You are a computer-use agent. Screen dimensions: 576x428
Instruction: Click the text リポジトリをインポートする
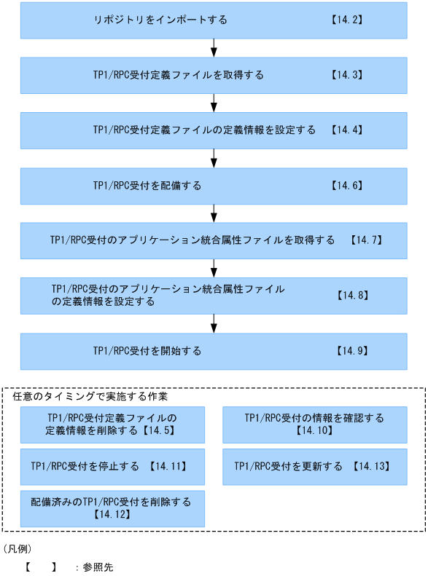[160, 20]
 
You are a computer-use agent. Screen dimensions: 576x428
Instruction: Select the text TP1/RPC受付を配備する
[147, 186]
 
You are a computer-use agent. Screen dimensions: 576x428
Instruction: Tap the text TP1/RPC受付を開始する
[147, 351]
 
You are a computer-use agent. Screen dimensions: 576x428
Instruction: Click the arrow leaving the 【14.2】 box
[214, 48]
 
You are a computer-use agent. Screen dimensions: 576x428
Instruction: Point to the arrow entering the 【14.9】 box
[214, 323]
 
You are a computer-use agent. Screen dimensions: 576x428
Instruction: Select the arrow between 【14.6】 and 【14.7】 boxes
[214, 213]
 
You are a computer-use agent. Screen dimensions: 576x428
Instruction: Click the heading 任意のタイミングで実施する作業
[90, 397]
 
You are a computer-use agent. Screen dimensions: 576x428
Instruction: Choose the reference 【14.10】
[314, 431]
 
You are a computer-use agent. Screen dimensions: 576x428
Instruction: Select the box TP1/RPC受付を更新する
[314, 467]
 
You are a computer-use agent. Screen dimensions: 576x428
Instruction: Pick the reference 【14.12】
[112, 515]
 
